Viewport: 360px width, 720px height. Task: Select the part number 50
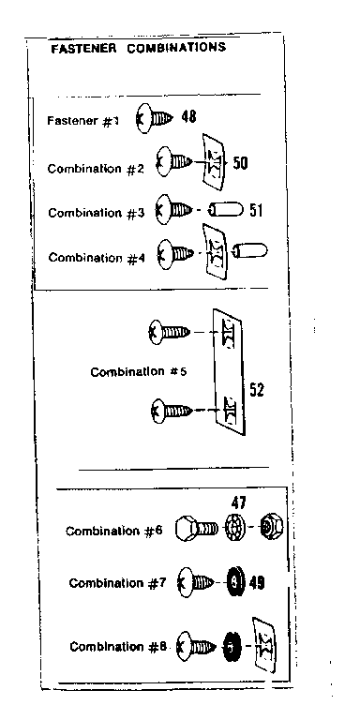pos(240,162)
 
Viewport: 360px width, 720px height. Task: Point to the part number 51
pos(255,210)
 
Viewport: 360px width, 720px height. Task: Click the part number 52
pos(256,390)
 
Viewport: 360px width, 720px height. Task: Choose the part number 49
pos(257,583)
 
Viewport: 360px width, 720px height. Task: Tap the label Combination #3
pos(94,213)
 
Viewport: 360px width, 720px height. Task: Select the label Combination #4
pos(95,256)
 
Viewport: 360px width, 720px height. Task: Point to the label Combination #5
pos(138,371)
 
